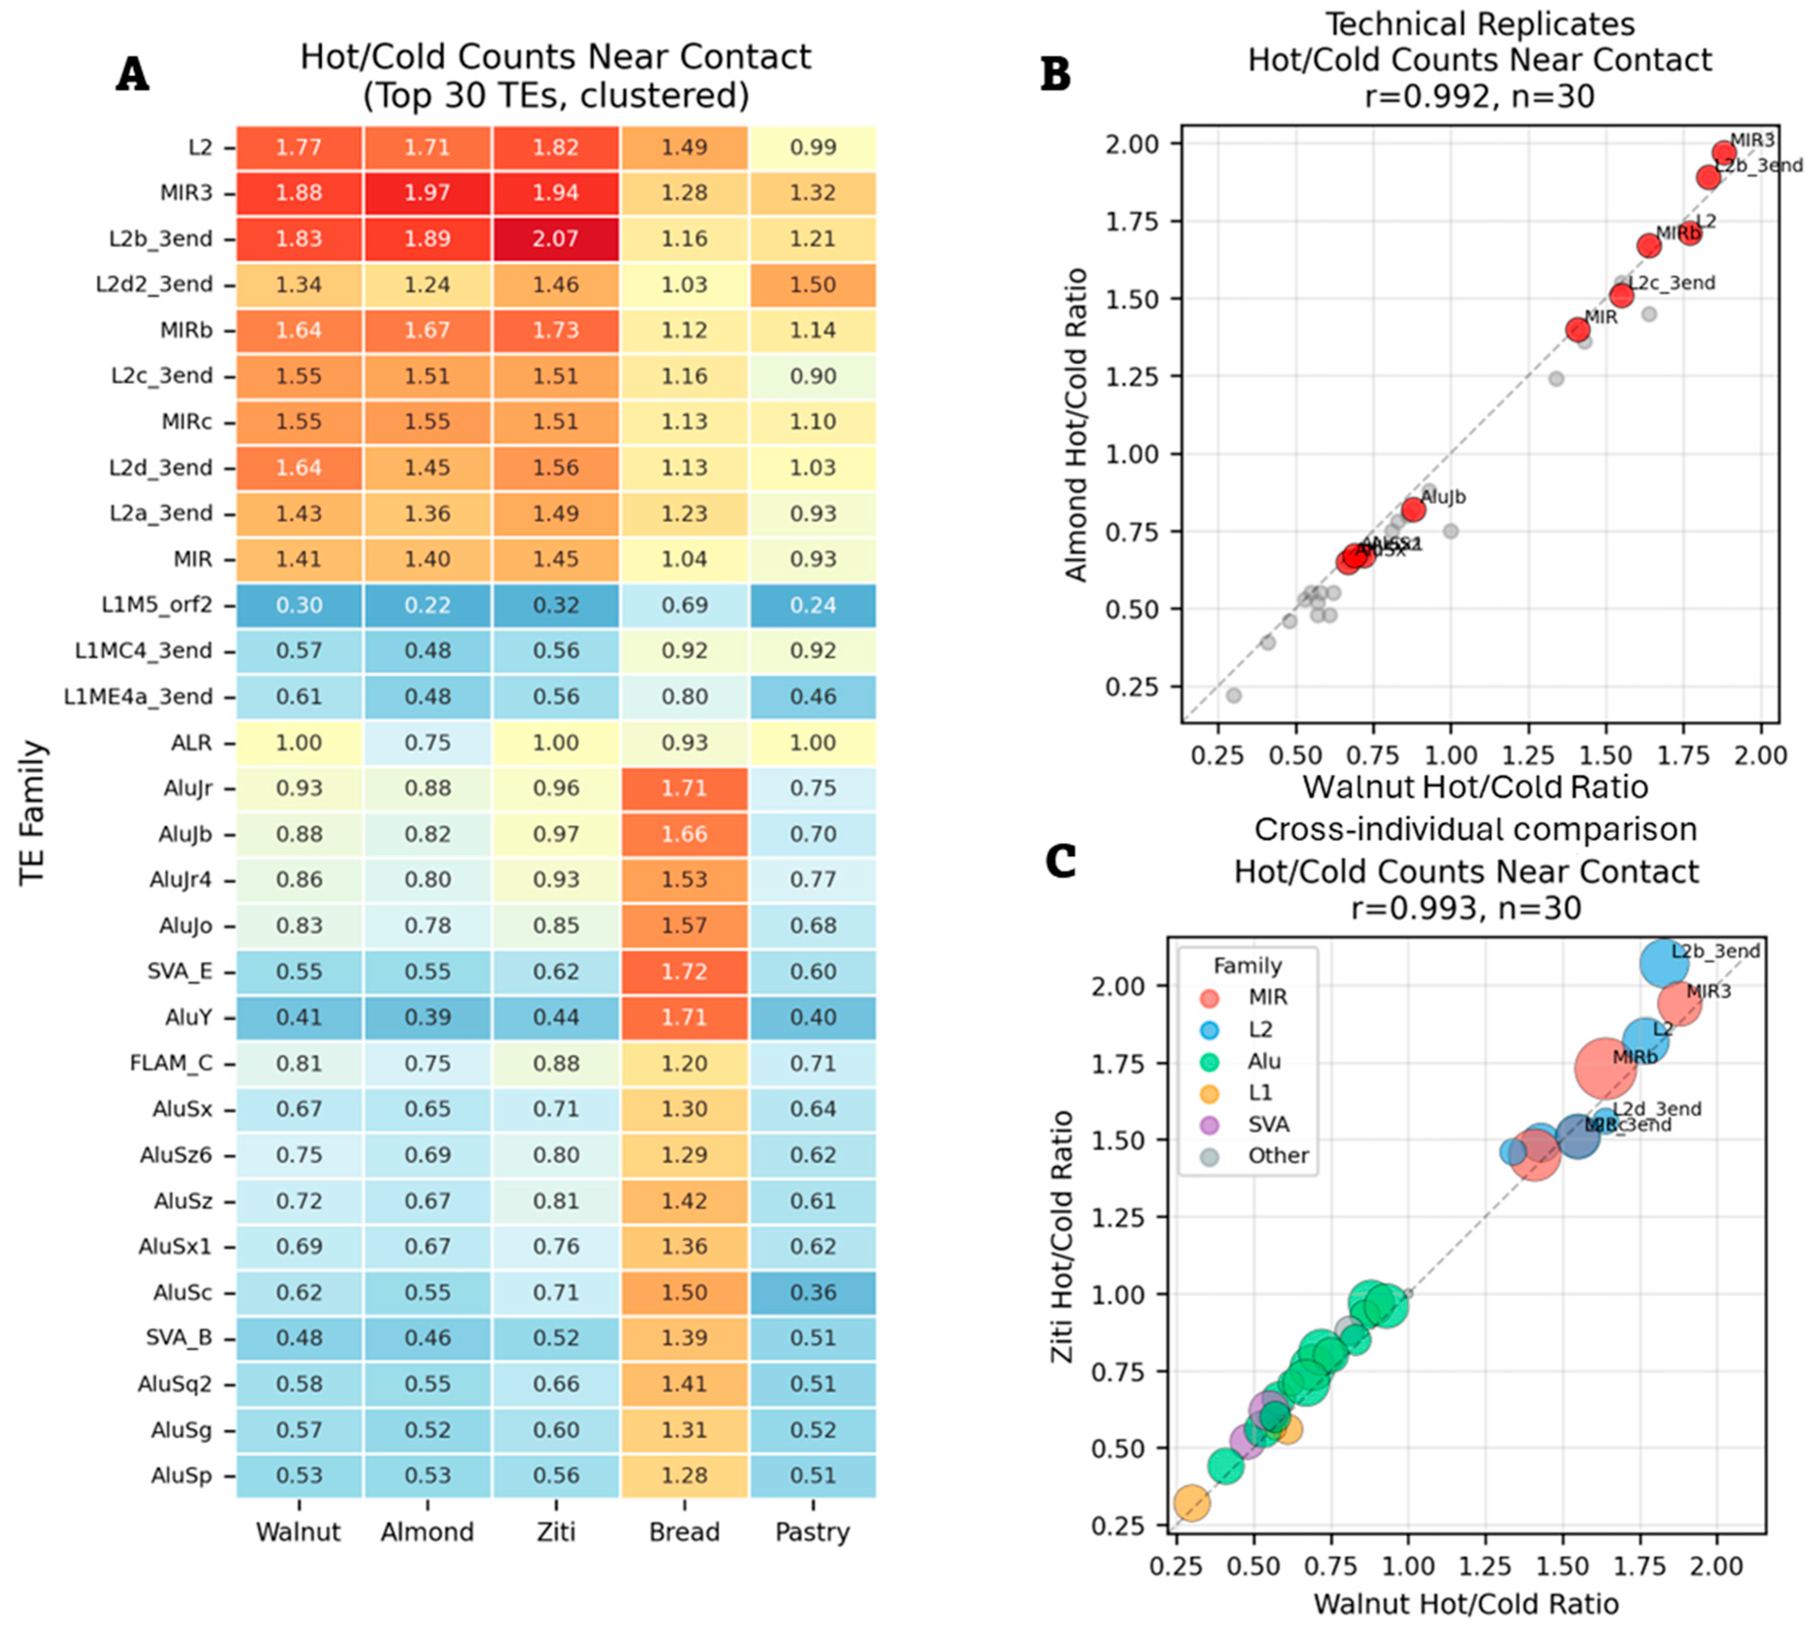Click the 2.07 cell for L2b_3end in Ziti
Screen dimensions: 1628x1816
pyautogui.click(x=555, y=239)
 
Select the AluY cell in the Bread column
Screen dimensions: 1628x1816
pyautogui.click(x=684, y=1017)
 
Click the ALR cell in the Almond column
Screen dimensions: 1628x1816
pyautogui.click(x=427, y=742)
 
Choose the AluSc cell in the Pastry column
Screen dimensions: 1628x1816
pyautogui.click(x=812, y=1293)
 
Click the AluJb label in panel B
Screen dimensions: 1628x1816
pyautogui.click(x=1443, y=497)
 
